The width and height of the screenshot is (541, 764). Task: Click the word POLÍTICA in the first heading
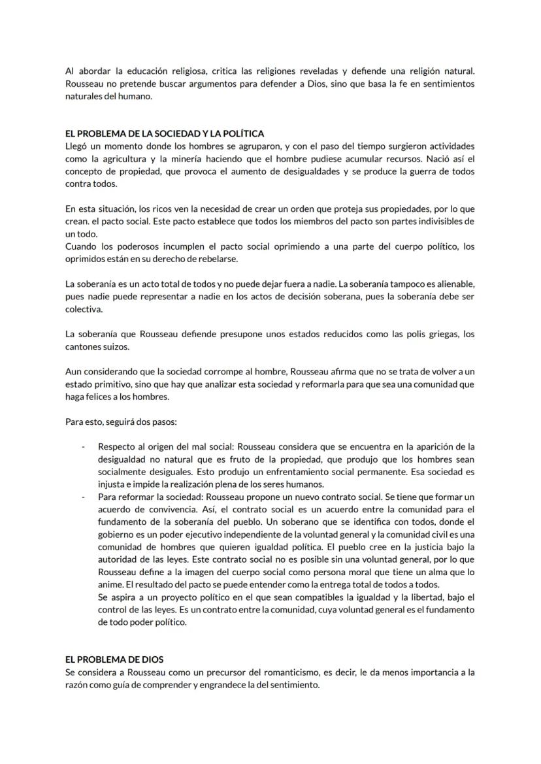pos(242,134)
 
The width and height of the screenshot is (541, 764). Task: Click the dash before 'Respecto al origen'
pos(83,446)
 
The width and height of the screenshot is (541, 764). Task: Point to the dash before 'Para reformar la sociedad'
pos(83,497)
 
